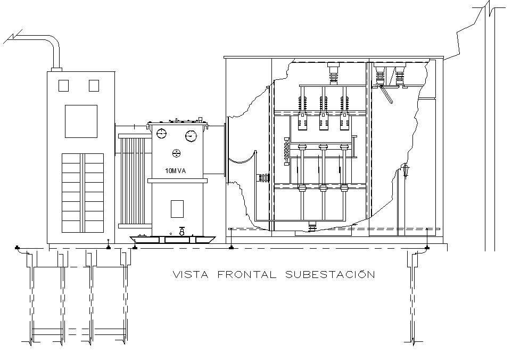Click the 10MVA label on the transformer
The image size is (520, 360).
(x=176, y=171)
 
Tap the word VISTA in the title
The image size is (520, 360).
(x=191, y=275)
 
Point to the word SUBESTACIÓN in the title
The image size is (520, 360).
(x=329, y=275)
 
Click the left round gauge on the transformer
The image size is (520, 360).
(x=162, y=133)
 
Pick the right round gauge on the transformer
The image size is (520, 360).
(x=191, y=136)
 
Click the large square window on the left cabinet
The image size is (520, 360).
(x=81, y=121)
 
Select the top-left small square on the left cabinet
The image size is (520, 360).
(x=64, y=85)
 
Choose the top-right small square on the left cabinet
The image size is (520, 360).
(x=94, y=85)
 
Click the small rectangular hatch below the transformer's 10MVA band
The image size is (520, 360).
(x=177, y=208)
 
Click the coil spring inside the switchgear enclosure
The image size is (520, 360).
(x=287, y=153)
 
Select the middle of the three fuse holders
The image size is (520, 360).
(x=323, y=121)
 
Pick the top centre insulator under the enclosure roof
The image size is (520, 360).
(x=334, y=73)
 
